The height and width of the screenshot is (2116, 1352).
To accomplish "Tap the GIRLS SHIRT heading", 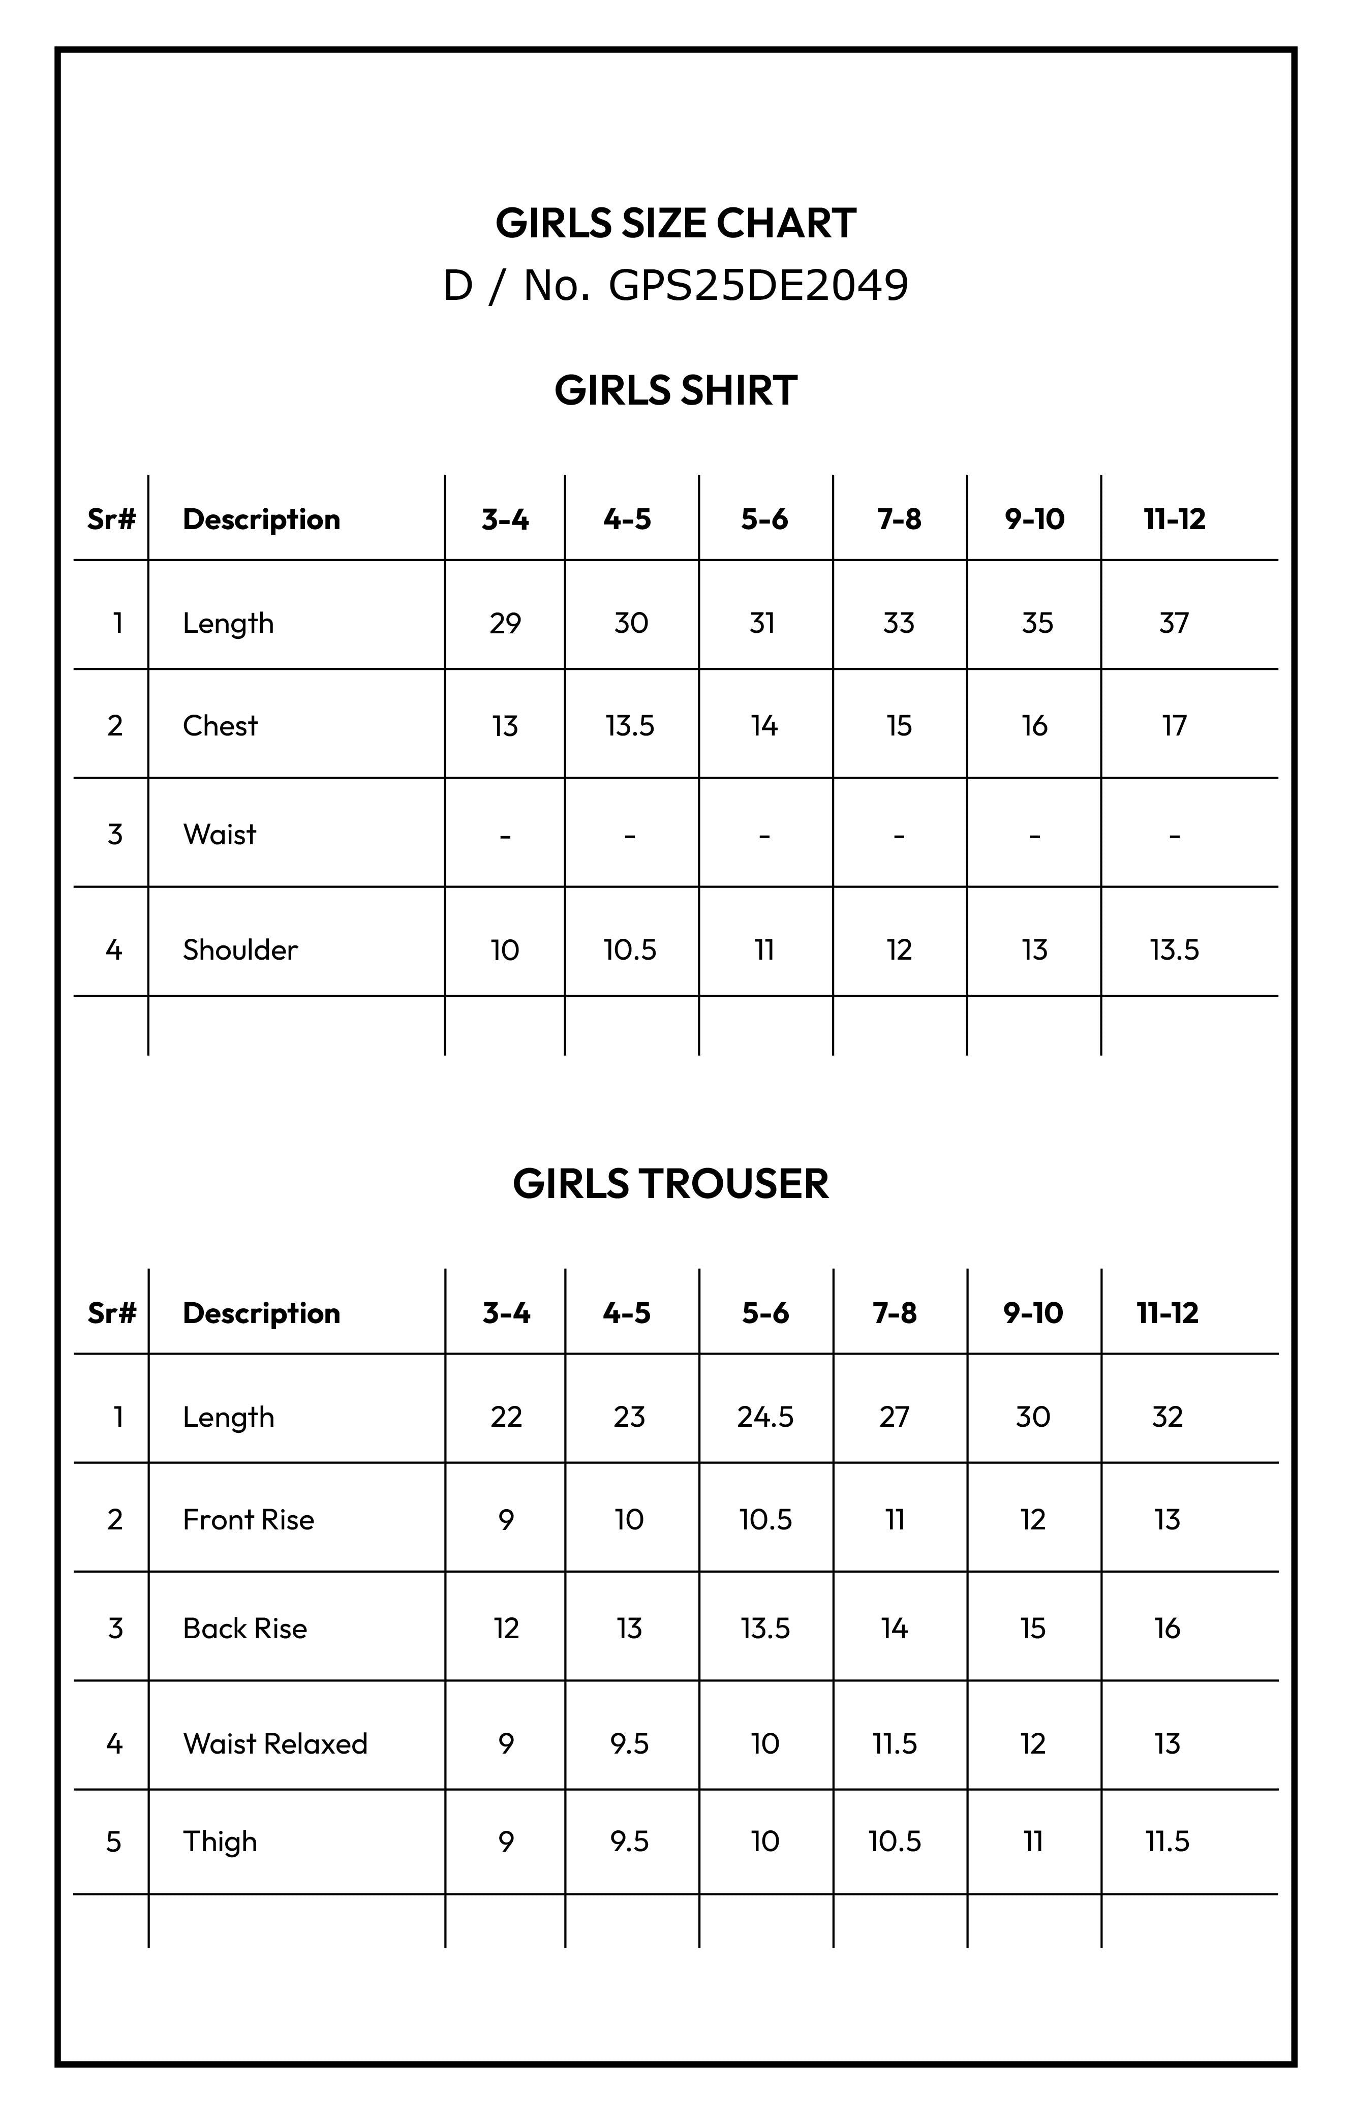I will [675, 390].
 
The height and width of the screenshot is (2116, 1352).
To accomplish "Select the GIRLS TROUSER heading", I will [670, 1184].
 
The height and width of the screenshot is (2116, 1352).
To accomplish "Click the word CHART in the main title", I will [785, 223].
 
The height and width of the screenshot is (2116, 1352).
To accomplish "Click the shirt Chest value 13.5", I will [630, 726].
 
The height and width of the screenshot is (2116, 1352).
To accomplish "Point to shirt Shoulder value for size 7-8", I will [899, 950].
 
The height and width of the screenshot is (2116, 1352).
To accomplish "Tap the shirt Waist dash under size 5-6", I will [764, 835].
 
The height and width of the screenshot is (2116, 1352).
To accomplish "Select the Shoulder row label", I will [240, 950].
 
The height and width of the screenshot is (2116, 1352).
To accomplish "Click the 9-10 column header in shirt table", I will [1034, 519].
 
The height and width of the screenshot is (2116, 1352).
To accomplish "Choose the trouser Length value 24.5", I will [765, 1417].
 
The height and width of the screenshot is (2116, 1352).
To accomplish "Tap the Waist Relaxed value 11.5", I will [895, 1743].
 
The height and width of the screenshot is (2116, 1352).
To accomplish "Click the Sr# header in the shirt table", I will [112, 519].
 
